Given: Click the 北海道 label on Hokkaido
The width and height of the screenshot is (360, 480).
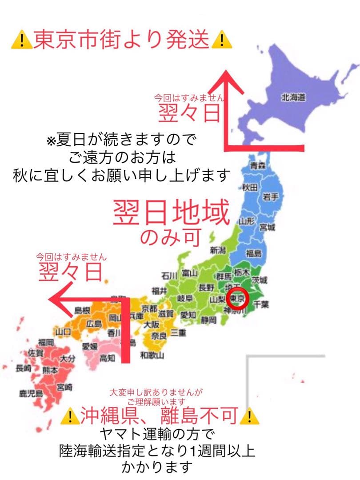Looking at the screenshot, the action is click(x=293, y=97).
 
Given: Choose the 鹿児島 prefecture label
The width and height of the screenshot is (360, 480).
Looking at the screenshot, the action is click(x=31, y=393).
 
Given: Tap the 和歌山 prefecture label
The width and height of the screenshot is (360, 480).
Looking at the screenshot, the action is click(x=152, y=355).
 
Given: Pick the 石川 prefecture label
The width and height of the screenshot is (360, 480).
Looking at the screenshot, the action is click(x=169, y=274).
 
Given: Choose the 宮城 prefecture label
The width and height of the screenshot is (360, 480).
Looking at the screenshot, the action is click(x=268, y=228).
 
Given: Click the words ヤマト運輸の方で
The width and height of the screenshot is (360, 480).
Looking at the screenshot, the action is click(x=158, y=433).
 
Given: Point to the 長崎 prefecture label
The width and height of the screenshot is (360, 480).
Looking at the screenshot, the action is click(x=24, y=368).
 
